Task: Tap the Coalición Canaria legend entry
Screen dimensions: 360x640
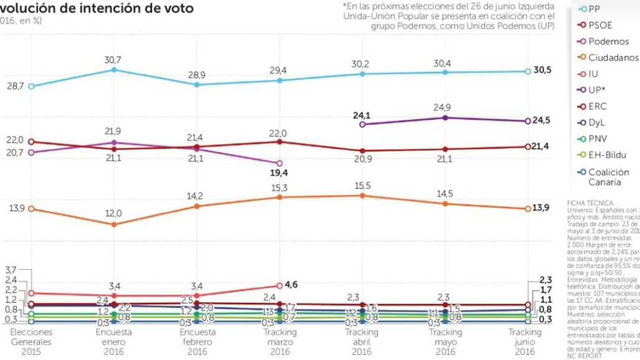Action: tap(604, 178)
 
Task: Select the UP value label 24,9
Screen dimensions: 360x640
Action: tap(445, 107)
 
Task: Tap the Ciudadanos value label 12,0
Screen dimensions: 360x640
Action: tap(113, 214)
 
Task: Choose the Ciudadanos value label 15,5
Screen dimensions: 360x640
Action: tap(362, 185)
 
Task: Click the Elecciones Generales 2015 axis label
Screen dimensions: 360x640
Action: tap(31, 342)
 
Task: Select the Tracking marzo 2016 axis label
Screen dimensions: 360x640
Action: tap(280, 342)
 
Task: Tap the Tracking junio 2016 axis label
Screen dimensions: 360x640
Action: tap(527, 342)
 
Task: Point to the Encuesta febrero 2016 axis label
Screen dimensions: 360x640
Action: tap(197, 342)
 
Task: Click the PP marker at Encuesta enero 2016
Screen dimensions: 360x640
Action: tap(113, 70)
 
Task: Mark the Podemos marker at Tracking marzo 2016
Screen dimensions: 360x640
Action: tap(280, 163)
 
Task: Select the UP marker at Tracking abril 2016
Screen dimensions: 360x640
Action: tap(362, 125)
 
